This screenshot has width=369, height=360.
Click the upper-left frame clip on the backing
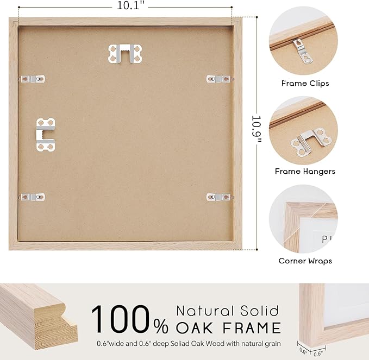coord(33,79)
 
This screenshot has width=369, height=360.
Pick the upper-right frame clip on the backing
coord(218,79)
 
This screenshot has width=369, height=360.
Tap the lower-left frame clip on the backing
coord(33,196)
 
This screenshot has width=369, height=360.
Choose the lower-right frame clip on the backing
coord(218,196)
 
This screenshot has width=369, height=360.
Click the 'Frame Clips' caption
coord(305,84)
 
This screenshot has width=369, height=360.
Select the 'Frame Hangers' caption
coord(305,172)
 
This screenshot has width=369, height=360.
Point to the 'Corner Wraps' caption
coord(305,261)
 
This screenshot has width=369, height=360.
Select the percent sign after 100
coord(160,326)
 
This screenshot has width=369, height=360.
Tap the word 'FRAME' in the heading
coord(253,328)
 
